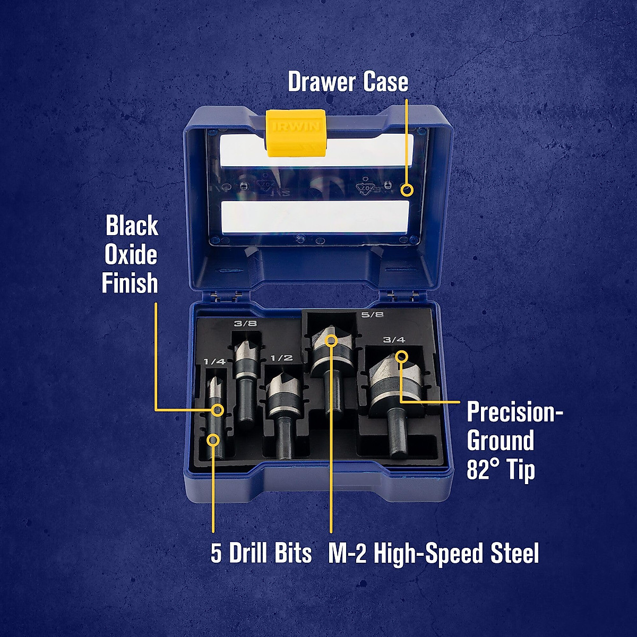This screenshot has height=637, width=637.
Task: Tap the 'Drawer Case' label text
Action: coord(348,82)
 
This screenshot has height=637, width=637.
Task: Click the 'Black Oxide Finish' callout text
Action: coord(131,255)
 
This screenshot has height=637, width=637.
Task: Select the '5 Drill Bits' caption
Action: coord(261,553)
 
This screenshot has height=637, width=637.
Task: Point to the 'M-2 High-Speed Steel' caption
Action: coord(433,553)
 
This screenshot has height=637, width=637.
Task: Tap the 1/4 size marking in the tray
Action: coord(214,361)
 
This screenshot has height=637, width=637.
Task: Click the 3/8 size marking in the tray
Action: coord(245,323)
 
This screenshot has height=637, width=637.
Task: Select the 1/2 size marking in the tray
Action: coord(281,358)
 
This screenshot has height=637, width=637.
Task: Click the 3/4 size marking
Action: coord(394,339)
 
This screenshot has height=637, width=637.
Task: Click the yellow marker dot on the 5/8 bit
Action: coord(331,340)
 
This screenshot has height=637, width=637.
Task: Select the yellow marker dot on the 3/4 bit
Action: coord(401,355)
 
